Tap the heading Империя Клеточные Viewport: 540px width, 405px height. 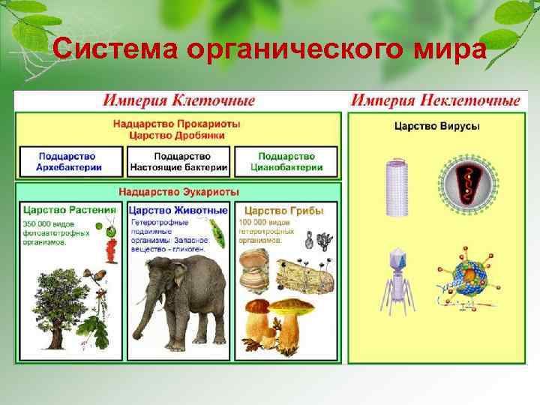click(x=178, y=100)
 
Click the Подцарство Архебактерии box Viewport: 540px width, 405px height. click(x=70, y=161)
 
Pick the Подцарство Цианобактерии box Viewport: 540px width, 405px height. click(x=286, y=161)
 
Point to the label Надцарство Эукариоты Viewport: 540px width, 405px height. click(x=178, y=191)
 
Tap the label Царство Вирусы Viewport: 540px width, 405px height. click(x=437, y=125)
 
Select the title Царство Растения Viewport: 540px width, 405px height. click(x=70, y=210)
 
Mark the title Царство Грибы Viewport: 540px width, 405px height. click(x=284, y=211)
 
